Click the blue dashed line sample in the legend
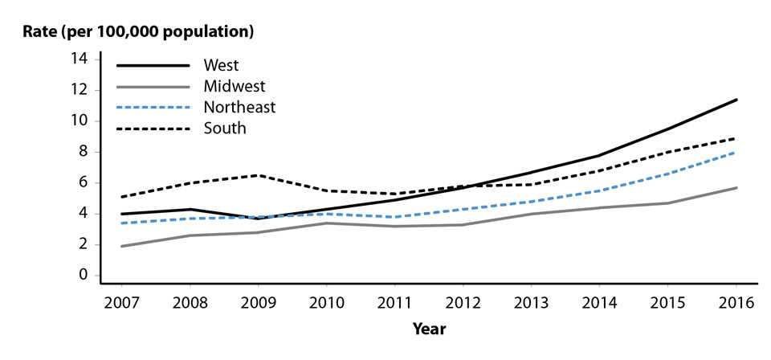[x=153, y=107]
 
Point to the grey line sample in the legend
[x=153, y=86]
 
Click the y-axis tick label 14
[x=79, y=59]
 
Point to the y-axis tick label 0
[x=82, y=276]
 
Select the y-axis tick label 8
[x=82, y=152]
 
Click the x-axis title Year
[x=429, y=329]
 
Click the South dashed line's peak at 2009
[x=258, y=175]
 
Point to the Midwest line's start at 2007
[x=121, y=246]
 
